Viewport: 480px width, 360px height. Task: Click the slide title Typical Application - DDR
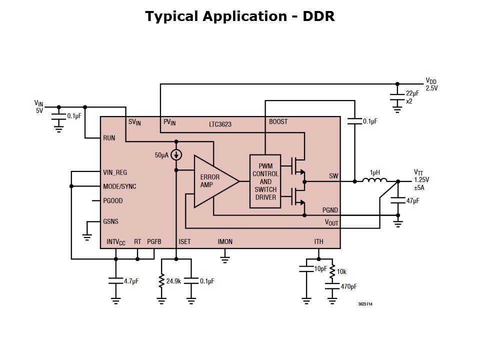point(240,16)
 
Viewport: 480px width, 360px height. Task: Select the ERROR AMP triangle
point(212,181)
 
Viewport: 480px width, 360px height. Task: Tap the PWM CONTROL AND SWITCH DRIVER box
point(265,181)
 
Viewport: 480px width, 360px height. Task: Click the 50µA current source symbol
point(176,155)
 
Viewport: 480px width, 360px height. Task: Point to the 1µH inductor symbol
point(375,180)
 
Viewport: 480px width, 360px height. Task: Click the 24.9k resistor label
point(173,281)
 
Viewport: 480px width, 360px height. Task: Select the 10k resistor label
point(341,271)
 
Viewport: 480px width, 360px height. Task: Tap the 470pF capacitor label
point(348,287)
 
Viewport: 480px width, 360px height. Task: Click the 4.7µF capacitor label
point(131,281)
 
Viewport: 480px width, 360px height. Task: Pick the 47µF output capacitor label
point(412,200)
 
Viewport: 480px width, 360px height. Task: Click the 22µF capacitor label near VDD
point(412,93)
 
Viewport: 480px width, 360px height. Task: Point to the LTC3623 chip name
point(220,123)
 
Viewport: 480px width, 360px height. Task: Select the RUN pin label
point(109,138)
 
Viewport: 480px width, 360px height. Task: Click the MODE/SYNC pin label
point(119,186)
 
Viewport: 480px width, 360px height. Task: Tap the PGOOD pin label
point(113,201)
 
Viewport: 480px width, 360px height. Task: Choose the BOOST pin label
point(278,122)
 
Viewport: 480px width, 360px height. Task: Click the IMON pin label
point(225,242)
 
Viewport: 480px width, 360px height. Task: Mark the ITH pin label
point(318,242)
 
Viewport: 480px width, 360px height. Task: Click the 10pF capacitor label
point(320,269)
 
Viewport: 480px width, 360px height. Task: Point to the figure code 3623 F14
point(365,304)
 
